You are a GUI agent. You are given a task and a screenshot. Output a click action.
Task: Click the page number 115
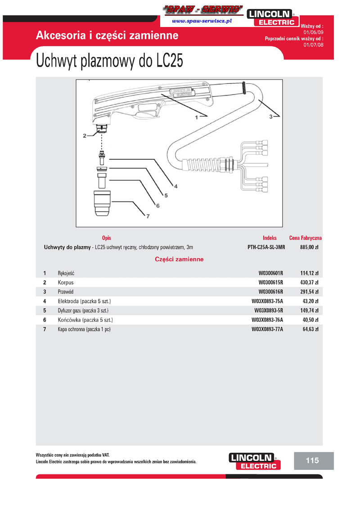[312, 460]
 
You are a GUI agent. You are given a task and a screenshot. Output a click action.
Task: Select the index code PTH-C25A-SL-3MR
[266, 247]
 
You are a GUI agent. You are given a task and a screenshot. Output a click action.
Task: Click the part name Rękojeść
[66, 273]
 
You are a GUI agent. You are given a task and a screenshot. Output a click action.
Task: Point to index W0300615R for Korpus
[270, 283]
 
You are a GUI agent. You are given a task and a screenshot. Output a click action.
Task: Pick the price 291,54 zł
[309, 292]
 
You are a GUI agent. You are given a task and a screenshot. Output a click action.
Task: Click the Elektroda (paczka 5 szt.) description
[84, 301]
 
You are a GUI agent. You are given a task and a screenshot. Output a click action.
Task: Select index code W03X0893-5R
[268, 311]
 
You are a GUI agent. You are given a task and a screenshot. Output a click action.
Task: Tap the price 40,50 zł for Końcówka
[310, 320]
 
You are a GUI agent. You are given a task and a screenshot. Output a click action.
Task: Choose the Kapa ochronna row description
[84, 329]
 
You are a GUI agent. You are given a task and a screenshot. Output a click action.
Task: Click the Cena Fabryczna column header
[305, 238]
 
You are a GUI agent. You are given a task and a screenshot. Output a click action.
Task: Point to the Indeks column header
[270, 238]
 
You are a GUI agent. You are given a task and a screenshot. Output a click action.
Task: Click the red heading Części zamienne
[179, 259]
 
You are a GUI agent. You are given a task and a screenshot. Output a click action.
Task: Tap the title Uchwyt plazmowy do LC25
[109, 61]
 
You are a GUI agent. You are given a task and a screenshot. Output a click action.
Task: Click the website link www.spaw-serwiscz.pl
[202, 21]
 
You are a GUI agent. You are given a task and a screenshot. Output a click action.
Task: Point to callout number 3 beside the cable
[271, 116]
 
